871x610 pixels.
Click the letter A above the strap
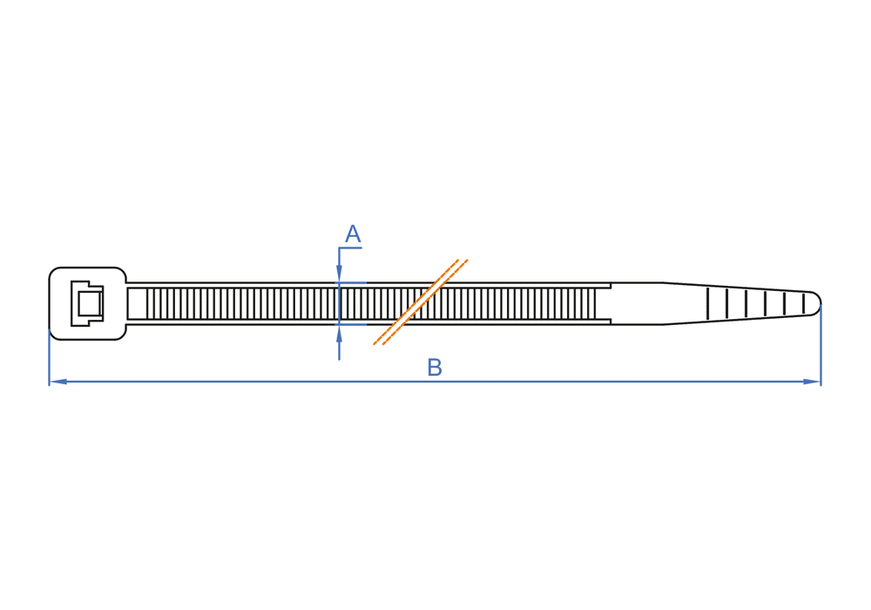353,234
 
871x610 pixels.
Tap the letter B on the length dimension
435,367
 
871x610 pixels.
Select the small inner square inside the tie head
89,303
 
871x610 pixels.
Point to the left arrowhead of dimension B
57,382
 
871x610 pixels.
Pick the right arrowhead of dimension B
812,382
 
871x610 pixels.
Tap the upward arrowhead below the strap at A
340,333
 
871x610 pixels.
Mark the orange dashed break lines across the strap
421,302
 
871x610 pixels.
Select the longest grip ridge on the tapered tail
707,303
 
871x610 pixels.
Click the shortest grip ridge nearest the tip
803,303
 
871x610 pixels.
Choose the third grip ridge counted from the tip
765,303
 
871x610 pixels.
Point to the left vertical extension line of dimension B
50,356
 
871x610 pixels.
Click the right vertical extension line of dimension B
820,344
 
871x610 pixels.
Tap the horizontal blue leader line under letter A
350,247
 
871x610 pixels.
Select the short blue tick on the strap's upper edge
353,283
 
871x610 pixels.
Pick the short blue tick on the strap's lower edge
353,324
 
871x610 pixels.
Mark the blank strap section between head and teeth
138,303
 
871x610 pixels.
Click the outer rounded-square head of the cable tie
88,303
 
